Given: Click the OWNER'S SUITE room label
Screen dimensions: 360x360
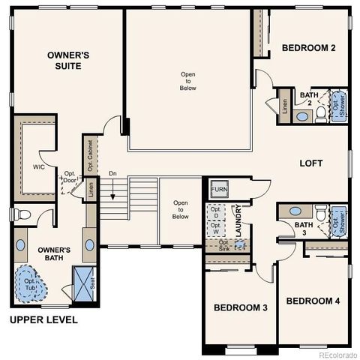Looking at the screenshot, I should pyautogui.click(x=69, y=60).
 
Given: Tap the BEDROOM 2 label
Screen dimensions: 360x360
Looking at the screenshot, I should pyautogui.click(x=308, y=48).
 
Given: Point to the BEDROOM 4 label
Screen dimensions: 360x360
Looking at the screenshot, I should pyautogui.click(x=313, y=301).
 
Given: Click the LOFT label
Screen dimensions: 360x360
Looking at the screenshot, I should pyautogui.click(x=311, y=163).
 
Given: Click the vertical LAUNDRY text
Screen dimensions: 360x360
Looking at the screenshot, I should pyautogui.click(x=238, y=221).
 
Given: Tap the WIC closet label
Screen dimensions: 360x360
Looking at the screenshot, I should pyautogui.click(x=39, y=166).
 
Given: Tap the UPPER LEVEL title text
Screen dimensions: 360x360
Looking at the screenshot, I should pyautogui.click(x=43, y=320).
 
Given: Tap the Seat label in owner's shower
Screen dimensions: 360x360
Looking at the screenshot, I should pyautogui.click(x=93, y=283).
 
